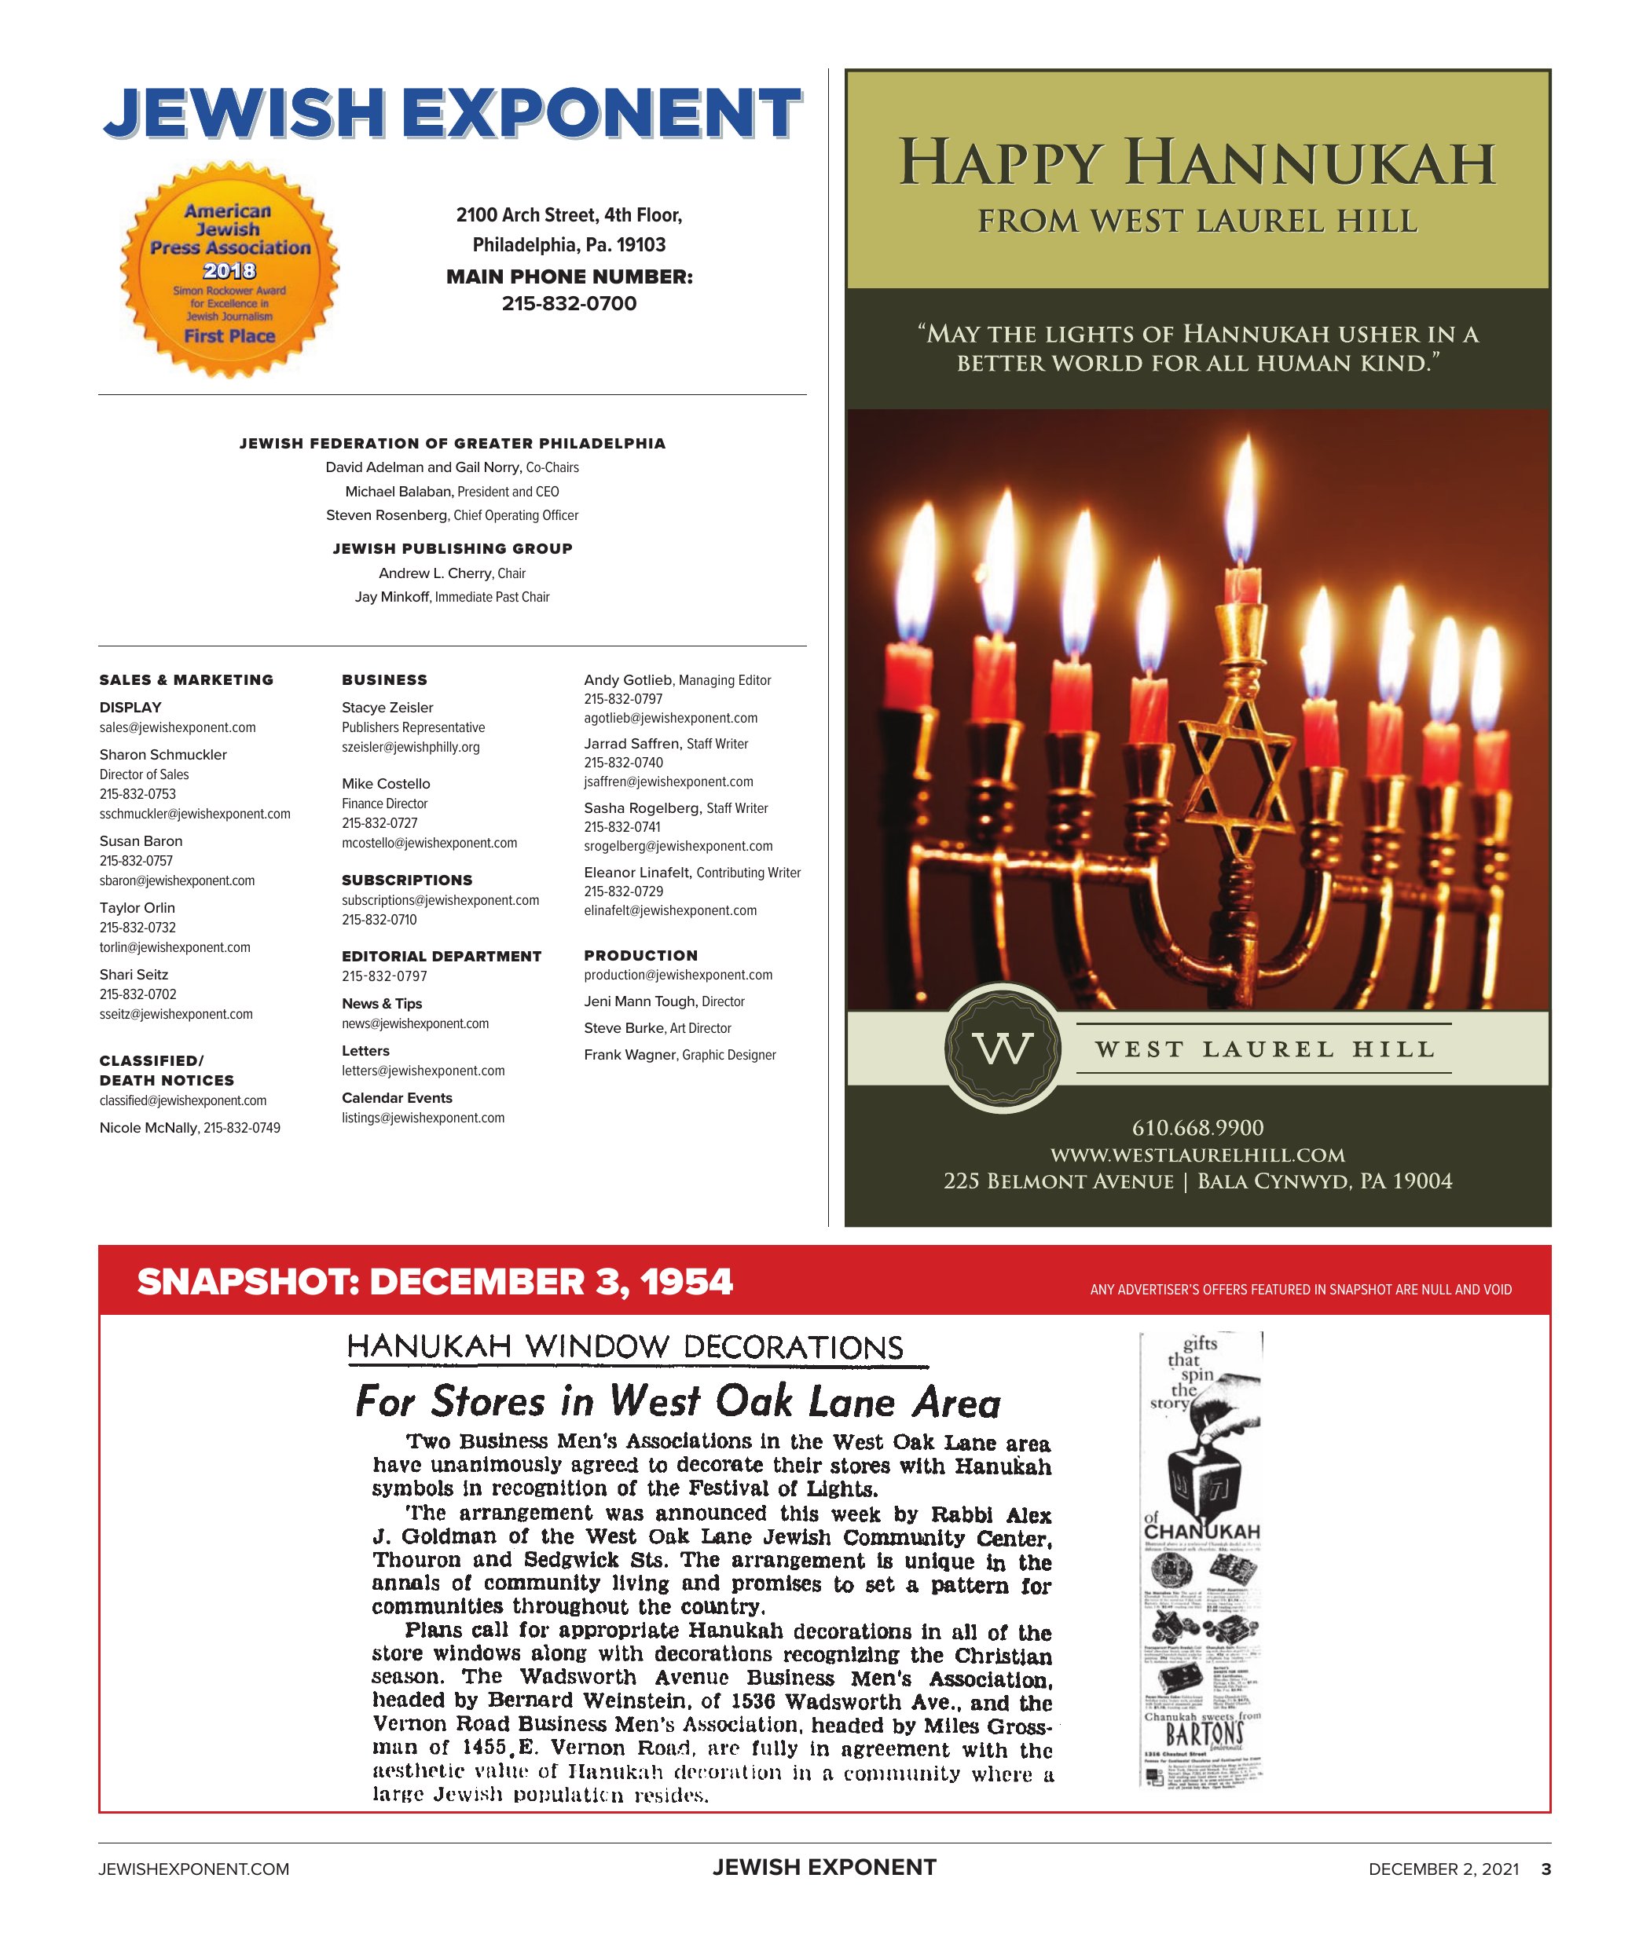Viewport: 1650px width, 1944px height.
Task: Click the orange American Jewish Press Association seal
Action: (x=229, y=271)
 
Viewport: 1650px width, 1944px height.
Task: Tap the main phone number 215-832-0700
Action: (x=569, y=304)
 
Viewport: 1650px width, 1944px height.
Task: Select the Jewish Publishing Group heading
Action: (x=453, y=549)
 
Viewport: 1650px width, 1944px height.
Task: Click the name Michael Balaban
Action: (x=399, y=492)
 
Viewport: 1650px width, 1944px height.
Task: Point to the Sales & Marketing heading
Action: (x=186, y=679)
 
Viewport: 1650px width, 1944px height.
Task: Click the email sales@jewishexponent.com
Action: (x=178, y=727)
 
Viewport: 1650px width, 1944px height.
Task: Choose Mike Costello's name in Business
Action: (x=385, y=784)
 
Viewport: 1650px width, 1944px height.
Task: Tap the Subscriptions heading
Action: (x=407, y=880)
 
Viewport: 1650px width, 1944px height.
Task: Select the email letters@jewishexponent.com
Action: (x=423, y=1071)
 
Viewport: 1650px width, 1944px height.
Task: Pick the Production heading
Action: (x=640, y=956)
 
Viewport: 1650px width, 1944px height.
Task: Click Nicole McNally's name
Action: (x=148, y=1128)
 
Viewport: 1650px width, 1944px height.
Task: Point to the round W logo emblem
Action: (x=1003, y=1049)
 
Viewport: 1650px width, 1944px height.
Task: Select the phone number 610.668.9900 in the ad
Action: (x=1197, y=1128)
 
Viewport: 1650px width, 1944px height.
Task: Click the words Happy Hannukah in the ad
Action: (x=1197, y=163)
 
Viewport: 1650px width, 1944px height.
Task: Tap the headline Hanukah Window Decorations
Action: (x=625, y=1346)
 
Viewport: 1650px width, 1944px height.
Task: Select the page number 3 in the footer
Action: (x=1546, y=1869)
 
